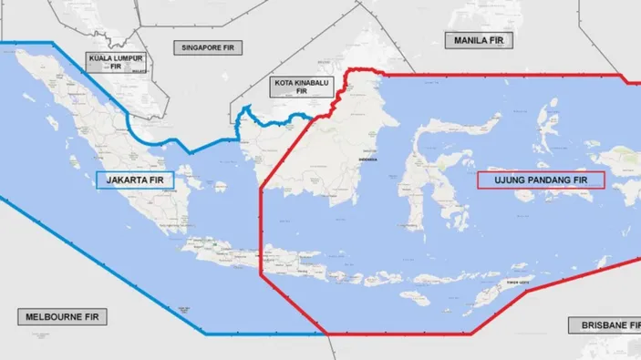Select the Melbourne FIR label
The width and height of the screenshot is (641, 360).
(62, 317)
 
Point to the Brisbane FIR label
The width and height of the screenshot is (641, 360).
(605, 324)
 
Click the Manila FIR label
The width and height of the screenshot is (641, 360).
(479, 40)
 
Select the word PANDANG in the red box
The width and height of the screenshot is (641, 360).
(553, 180)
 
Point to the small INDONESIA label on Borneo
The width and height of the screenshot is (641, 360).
(367, 159)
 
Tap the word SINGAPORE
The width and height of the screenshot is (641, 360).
(197, 46)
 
